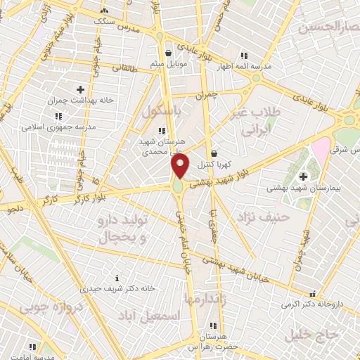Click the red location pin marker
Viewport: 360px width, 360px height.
(x=180, y=166)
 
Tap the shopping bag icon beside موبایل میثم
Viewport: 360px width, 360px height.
(x=167, y=53)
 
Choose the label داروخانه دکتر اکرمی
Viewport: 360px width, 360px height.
(x=311, y=304)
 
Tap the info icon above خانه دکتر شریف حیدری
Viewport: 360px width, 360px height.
(x=117, y=278)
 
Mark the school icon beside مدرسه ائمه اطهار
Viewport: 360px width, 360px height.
(x=243, y=56)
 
